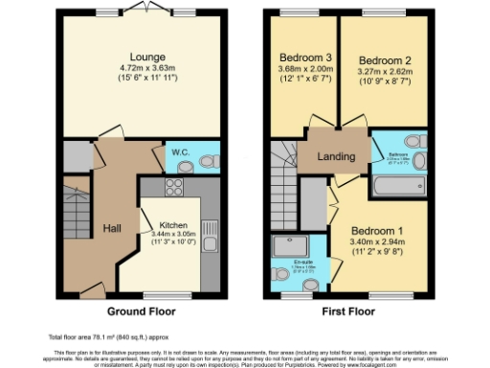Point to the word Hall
coord(112,228)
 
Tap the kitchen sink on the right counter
coord(209,229)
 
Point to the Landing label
coord(337,157)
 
